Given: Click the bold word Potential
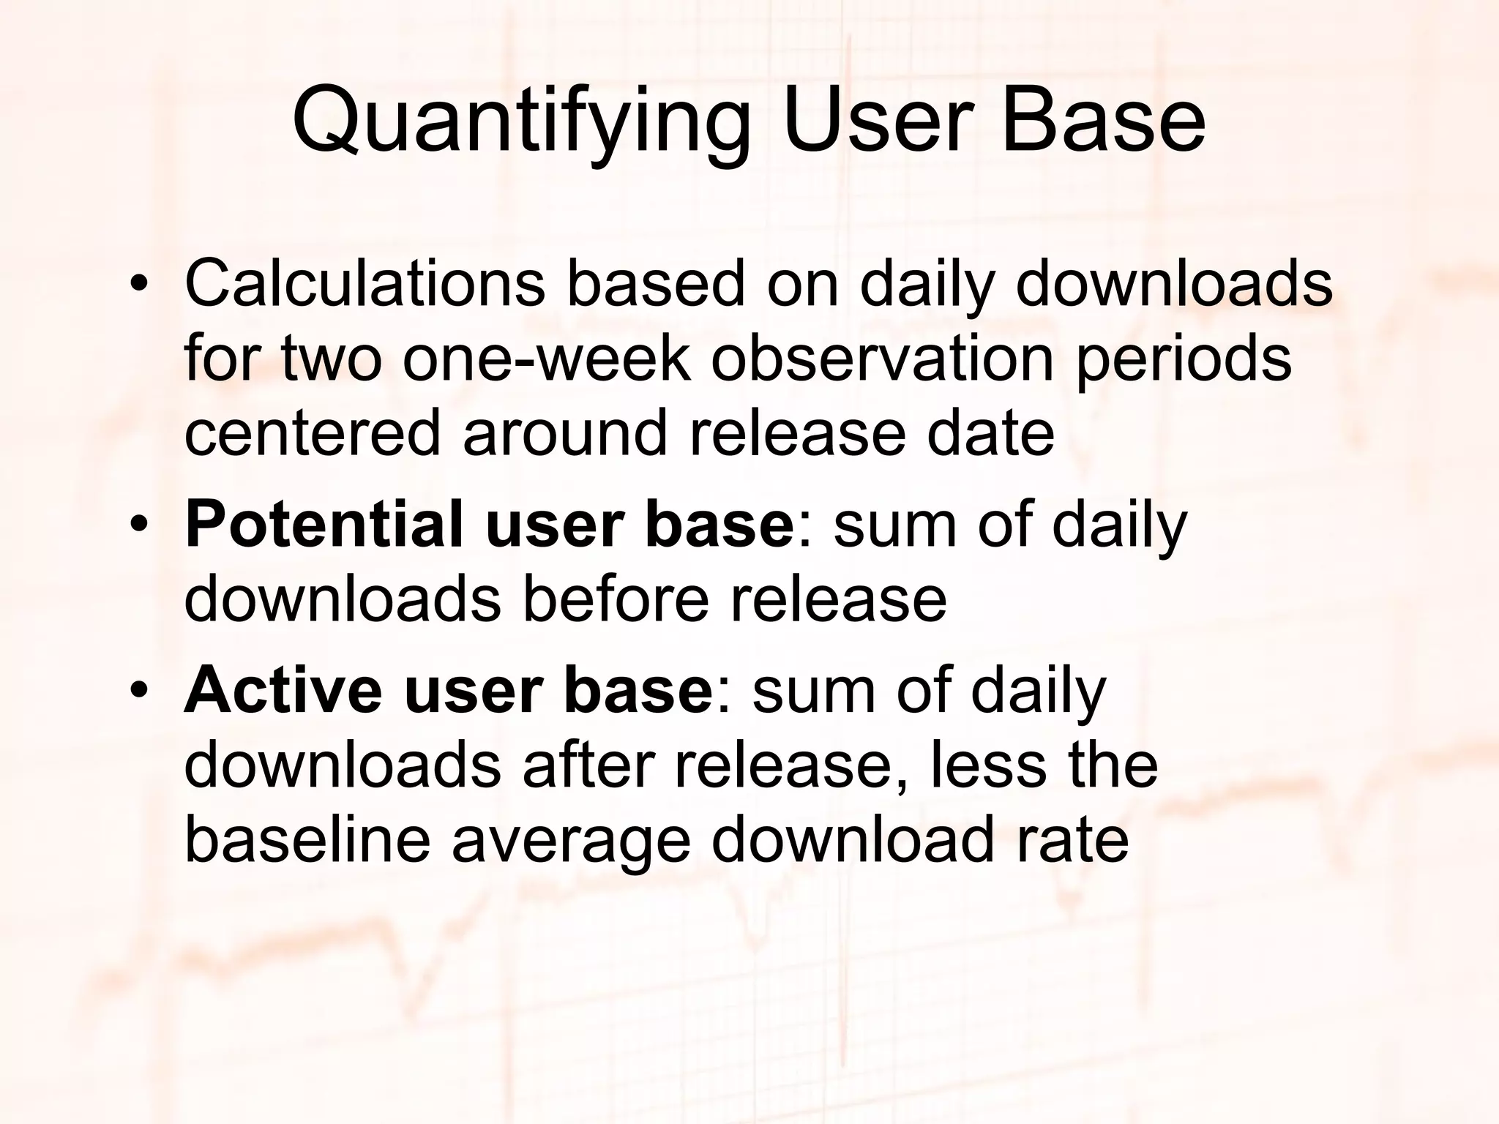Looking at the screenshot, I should (324, 524).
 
